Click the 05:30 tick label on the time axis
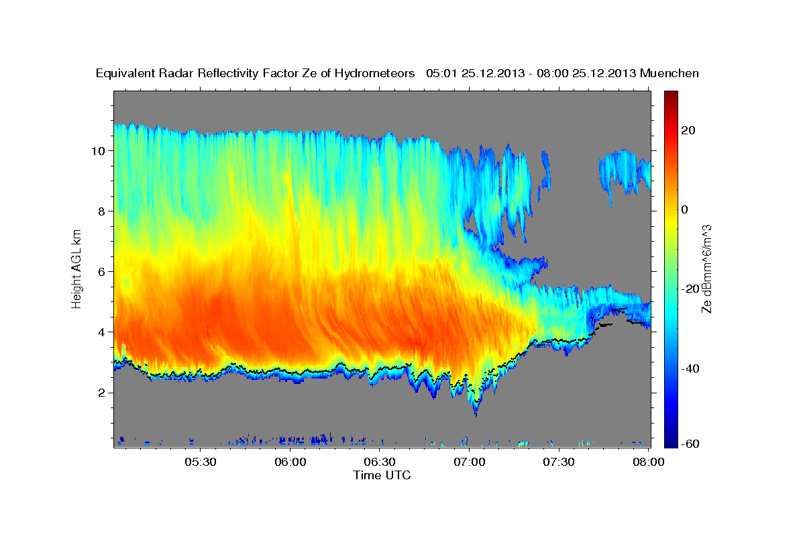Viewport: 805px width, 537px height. tap(200, 462)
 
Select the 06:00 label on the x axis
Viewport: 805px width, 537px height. tap(290, 462)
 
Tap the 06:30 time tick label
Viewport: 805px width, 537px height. tap(380, 462)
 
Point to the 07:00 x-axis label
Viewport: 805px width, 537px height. tap(470, 462)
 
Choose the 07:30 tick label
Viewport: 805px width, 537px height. tap(559, 462)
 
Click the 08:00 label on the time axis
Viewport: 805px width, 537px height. tap(649, 462)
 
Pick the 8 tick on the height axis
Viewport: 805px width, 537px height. tap(102, 211)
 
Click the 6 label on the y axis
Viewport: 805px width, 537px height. tap(102, 271)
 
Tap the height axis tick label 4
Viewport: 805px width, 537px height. tap(102, 332)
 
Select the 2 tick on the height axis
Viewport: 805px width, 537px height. tap(102, 392)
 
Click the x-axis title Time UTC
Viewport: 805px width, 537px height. tap(382, 475)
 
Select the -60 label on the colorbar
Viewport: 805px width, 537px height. tap(692, 444)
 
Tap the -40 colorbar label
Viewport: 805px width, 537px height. tap(692, 369)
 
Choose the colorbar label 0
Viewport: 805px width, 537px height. tap(686, 209)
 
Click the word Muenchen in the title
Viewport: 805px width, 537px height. tap(670, 73)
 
